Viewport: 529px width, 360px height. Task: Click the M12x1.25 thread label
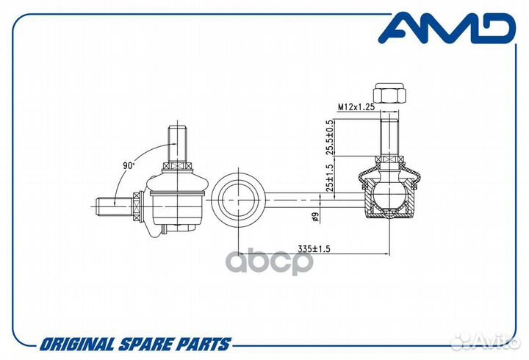coord(356,107)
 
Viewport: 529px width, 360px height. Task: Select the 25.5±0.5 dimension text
coord(330,137)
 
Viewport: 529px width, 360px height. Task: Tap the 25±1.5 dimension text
coord(330,177)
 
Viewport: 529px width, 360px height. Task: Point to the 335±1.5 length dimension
coord(314,249)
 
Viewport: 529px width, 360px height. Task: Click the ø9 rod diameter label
coord(315,217)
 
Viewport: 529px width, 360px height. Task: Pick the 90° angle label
coord(129,165)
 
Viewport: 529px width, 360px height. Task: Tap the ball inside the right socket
coord(389,195)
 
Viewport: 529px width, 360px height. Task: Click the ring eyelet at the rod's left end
coord(238,201)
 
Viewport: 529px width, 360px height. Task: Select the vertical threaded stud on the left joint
coord(178,144)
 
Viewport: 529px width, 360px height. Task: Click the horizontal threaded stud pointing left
coord(115,206)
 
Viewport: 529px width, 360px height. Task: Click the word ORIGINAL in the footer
coord(78,345)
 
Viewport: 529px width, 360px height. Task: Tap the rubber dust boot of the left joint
coord(178,184)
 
